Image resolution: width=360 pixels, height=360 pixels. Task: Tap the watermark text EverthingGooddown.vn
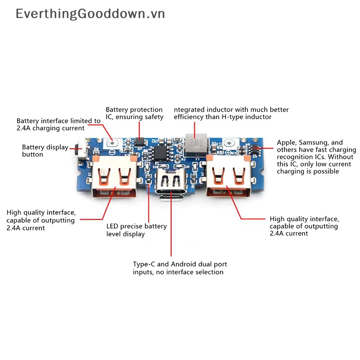click(90, 14)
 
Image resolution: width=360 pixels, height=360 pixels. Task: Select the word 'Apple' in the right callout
click(286, 143)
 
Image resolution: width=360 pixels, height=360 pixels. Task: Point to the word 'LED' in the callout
click(112, 226)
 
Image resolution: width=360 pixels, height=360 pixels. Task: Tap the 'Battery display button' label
click(45, 151)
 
